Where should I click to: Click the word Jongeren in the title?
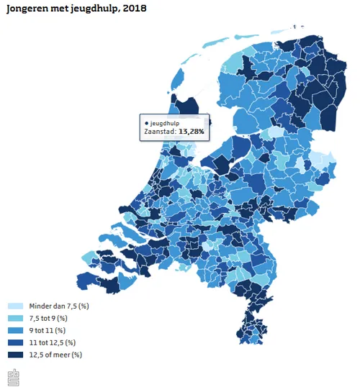(27, 8)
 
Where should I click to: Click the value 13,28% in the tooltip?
(191, 132)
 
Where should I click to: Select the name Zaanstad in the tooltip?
(158, 132)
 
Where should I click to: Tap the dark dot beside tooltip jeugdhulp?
(147, 123)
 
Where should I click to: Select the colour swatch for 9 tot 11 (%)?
(15, 330)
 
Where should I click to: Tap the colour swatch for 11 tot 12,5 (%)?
(15, 342)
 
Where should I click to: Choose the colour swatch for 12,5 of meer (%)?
(15, 354)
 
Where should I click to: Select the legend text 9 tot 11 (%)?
(47, 330)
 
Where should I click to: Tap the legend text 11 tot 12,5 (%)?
(52, 342)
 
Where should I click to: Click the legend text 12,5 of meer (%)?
(55, 354)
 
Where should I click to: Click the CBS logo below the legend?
(14, 375)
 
